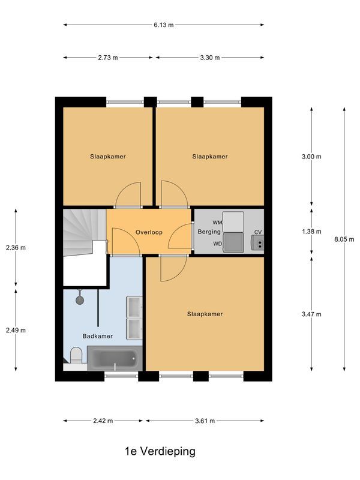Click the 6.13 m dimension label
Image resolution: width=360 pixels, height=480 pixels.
click(163, 25)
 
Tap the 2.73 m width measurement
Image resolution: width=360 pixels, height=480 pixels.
click(108, 58)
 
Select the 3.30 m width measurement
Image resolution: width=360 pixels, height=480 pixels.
click(210, 58)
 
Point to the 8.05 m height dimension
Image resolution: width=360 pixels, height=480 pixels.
click(344, 239)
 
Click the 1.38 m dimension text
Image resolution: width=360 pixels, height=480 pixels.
click(311, 232)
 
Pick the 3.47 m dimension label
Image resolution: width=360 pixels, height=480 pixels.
click(311, 314)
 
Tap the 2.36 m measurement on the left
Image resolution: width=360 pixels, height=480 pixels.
click(16, 247)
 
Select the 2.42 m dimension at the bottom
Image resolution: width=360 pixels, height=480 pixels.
click(103, 421)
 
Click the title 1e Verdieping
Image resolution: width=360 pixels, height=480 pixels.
click(160, 451)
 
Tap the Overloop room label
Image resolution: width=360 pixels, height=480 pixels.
click(149, 232)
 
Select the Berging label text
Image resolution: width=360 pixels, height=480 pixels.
click(209, 232)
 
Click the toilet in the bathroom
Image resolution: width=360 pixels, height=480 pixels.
click(76, 356)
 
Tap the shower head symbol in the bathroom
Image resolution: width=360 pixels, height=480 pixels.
click(79, 298)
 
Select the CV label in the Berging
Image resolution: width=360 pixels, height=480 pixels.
click(258, 232)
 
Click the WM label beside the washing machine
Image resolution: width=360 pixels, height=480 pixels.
click(217, 223)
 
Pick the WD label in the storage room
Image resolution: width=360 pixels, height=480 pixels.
click(217, 244)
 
